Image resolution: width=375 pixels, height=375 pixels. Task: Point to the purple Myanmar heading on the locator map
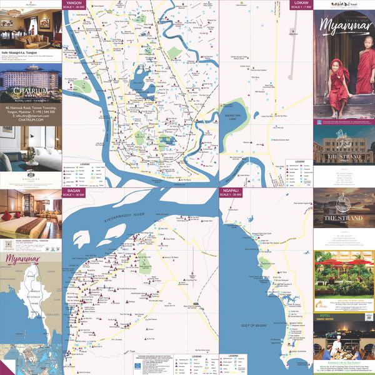[x=23, y=259]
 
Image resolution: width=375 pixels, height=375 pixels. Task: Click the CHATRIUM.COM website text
[x=31, y=120]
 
